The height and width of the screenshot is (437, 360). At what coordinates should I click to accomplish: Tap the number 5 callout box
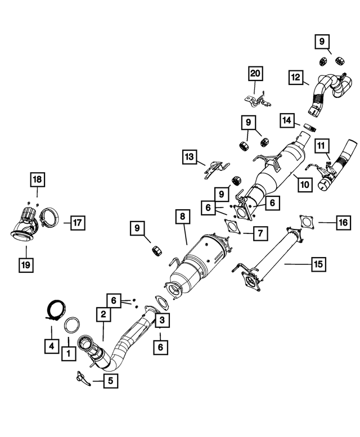click(x=110, y=381)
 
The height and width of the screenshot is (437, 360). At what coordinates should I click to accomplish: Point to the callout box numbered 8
click(x=182, y=216)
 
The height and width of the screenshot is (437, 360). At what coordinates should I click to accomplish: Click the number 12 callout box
click(x=297, y=78)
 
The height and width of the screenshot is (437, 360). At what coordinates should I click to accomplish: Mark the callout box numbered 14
click(x=287, y=120)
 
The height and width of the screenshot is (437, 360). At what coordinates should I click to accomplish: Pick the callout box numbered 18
click(x=37, y=179)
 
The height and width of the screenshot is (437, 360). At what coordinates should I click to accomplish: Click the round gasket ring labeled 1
click(x=73, y=326)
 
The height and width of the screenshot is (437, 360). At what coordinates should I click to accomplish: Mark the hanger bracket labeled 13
click(x=215, y=166)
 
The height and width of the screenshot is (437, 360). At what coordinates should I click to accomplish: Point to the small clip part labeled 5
click(x=82, y=379)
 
